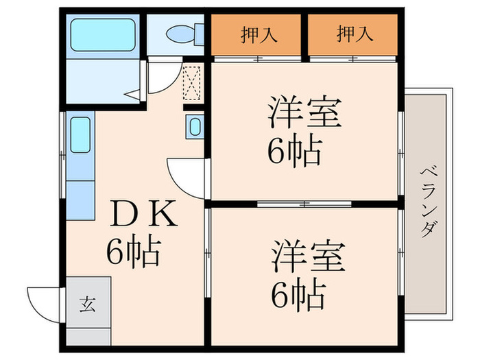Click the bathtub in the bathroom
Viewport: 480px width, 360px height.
pyautogui.click(x=103, y=34)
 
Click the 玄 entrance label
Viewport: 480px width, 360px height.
pyautogui.click(x=88, y=302)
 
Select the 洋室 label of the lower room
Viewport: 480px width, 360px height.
pyautogui.click(x=304, y=257)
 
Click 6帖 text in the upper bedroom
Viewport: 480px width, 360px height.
pyautogui.click(x=295, y=152)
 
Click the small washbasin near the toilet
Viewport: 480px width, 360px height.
pyautogui.click(x=195, y=126)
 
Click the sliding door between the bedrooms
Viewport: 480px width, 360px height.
pyautogui.click(x=304, y=204)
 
